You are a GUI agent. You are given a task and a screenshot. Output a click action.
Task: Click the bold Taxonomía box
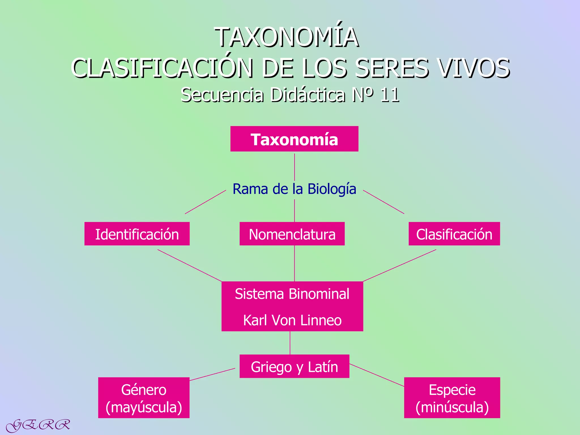coord(294,139)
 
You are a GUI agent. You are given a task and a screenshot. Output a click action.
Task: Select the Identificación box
coord(137,234)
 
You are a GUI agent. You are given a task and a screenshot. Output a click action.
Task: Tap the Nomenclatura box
coord(292,234)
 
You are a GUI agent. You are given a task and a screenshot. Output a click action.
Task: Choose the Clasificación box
coord(454,234)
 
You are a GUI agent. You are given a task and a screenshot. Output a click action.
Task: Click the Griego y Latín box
coord(294,366)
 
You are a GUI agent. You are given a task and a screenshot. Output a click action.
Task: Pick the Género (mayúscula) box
coord(144,398)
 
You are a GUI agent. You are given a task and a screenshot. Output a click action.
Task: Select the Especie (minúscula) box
coord(452,398)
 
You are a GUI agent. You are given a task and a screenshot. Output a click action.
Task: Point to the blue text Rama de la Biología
coord(294,189)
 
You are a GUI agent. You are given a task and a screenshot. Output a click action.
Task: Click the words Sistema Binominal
coord(292,294)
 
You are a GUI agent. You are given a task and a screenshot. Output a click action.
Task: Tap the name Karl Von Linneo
coord(292,320)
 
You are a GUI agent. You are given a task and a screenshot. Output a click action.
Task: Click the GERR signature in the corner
coord(38,425)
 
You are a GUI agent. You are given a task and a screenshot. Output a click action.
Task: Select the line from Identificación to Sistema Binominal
coord(190,266)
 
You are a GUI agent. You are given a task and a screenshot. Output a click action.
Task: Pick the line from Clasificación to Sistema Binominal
coord(399,265)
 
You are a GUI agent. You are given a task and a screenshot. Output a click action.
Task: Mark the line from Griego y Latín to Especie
coord(377,375)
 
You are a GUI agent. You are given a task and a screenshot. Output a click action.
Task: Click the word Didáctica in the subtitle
coord(308,95)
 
